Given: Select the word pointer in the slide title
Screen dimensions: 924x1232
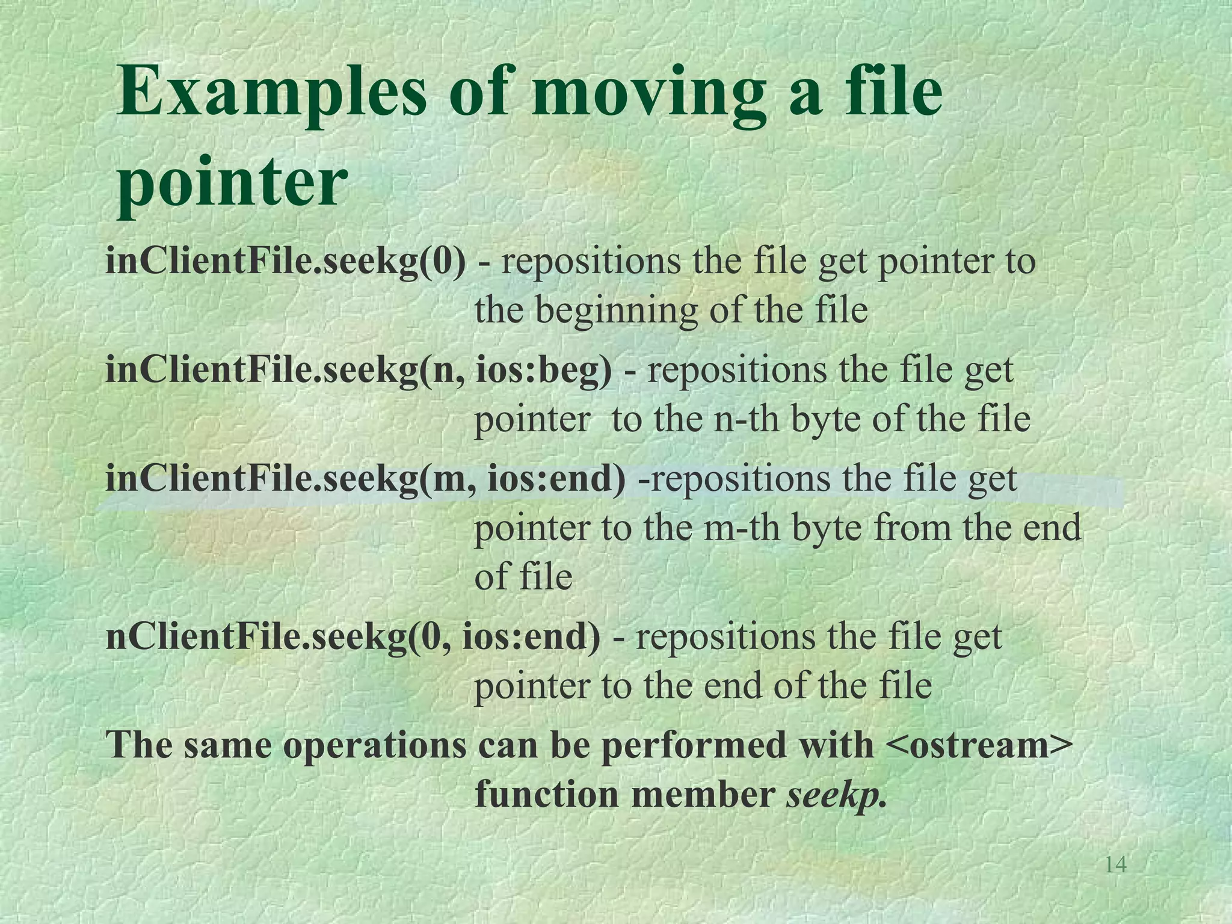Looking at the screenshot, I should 232,180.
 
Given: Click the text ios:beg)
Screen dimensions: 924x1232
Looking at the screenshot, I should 544,369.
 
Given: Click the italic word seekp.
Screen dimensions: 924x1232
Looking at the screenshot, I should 836,795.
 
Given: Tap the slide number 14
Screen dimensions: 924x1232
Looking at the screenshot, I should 1116,864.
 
